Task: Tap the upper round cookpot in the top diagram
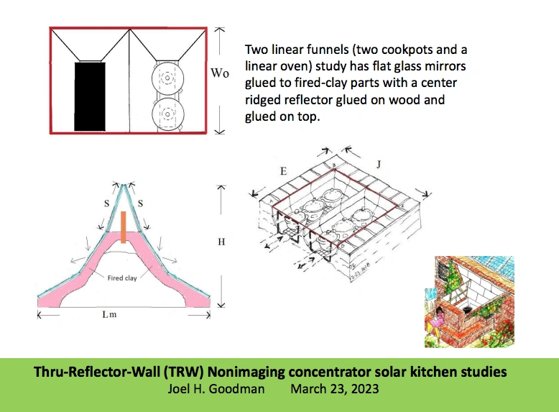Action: (167, 78)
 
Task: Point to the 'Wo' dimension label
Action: (220, 73)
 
